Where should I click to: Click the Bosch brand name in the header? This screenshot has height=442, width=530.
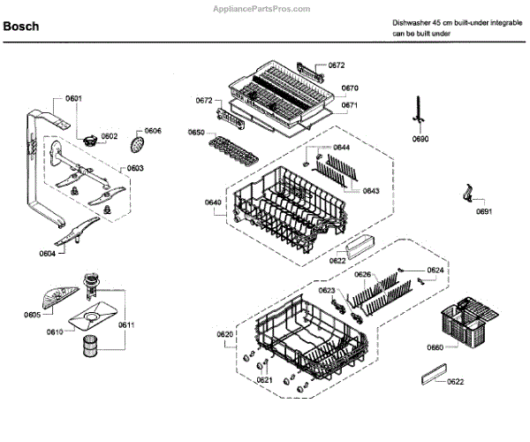tap(21, 27)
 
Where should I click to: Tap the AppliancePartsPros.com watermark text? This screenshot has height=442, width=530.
tap(262, 7)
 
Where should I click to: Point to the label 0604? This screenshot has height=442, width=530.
tap(47, 254)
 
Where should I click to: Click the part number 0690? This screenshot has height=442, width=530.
tap(420, 140)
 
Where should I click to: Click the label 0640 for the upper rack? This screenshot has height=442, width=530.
tap(213, 202)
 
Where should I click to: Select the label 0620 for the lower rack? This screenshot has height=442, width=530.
tap(224, 334)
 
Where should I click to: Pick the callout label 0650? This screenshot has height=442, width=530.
tap(196, 132)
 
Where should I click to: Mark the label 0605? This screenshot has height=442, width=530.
tap(32, 315)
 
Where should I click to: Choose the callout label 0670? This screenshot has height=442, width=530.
tap(350, 88)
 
